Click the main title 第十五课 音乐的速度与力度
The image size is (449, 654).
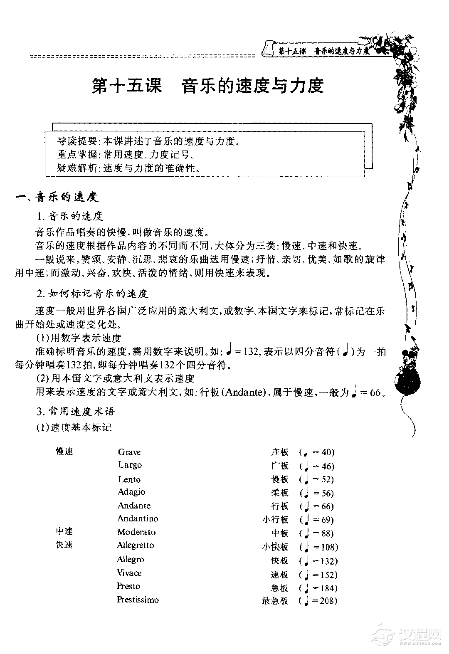click(207, 86)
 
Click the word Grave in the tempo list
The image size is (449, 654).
click(129, 452)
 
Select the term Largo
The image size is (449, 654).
click(130, 465)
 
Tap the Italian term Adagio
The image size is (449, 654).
click(131, 492)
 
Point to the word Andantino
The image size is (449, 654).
click(138, 519)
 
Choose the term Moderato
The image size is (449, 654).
click(136, 533)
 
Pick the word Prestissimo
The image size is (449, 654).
click(138, 600)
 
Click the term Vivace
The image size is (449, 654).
click(129, 573)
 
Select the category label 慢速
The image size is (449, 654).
click(64, 452)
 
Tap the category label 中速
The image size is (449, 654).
click(64, 532)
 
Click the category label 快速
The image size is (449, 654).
click(64, 545)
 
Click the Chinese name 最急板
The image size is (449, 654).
click(275, 601)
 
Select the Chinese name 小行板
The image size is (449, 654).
click(275, 520)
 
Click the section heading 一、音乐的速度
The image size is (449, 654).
click(57, 197)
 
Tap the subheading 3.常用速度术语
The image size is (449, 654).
click(75, 412)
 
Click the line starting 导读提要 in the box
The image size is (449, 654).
click(149, 141)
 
